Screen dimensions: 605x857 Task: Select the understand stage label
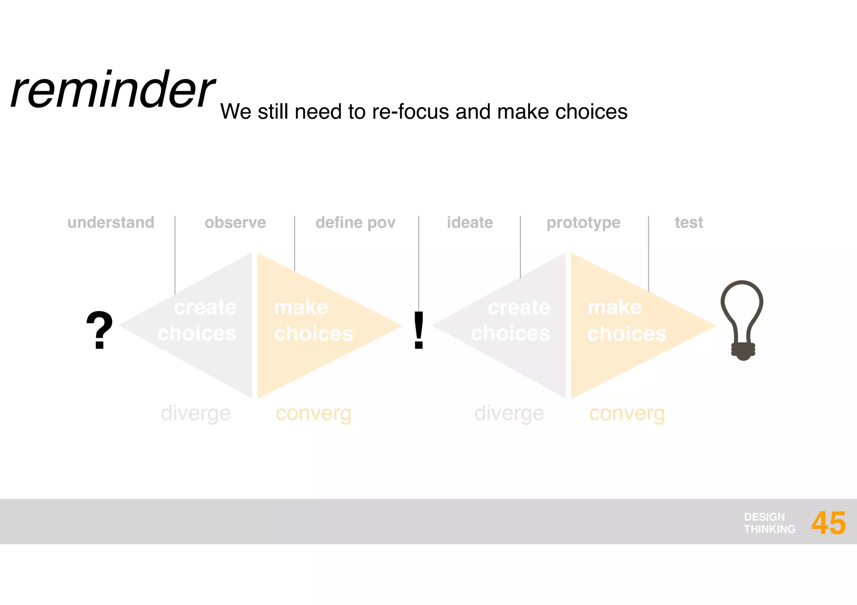pyautogui.click(x=111, y=222)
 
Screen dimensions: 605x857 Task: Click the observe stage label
pyautogui.click(x=235, y=222)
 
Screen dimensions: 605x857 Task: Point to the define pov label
pyautogui.click(x=355, y=222)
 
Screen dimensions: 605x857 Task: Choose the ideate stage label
pyautogui.click(x=470, y=222)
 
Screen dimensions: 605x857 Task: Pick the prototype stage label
pyautogui.click(x=583, y=223)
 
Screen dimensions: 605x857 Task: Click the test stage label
pyautogui.click(x=689, y=222)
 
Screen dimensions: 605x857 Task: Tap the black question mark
pyautogui.click(x=99, y=330)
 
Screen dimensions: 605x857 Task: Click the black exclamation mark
pyautogui.click(x=418, y=330)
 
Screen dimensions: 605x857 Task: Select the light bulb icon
pyautogui.click(x=742, y=318)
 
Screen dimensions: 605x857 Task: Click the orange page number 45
pyautogui.click(x=829, y=523)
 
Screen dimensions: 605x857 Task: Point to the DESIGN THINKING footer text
pyautogui.click(x=769, y=523)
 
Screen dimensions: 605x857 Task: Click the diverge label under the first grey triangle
pyautogui.click(x=195, y=413)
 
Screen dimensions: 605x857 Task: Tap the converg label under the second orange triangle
pyautogui.click(x=627, y=413)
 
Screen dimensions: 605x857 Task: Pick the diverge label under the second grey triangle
pyautogui.click(x=509, y=413)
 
